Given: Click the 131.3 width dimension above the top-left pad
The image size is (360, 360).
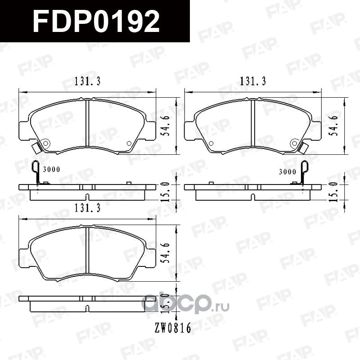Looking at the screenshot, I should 87,81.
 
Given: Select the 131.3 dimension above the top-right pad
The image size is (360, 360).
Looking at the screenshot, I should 253,81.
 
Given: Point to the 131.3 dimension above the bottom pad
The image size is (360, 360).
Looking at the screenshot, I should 87,208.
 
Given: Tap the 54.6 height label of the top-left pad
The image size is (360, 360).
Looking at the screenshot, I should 167,125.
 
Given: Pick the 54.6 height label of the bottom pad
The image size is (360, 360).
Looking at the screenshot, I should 167,252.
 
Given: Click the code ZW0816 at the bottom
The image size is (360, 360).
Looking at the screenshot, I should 172,329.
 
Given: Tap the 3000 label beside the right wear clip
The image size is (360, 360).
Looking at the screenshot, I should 287,171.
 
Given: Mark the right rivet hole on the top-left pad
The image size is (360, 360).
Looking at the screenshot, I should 129,144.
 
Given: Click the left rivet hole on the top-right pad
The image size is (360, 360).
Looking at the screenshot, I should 210,144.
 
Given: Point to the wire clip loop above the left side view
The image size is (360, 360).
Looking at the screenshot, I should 36,168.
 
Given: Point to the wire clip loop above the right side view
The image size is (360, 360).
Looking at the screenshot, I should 304,169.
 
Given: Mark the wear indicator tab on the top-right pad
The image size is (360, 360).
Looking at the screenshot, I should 304,147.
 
